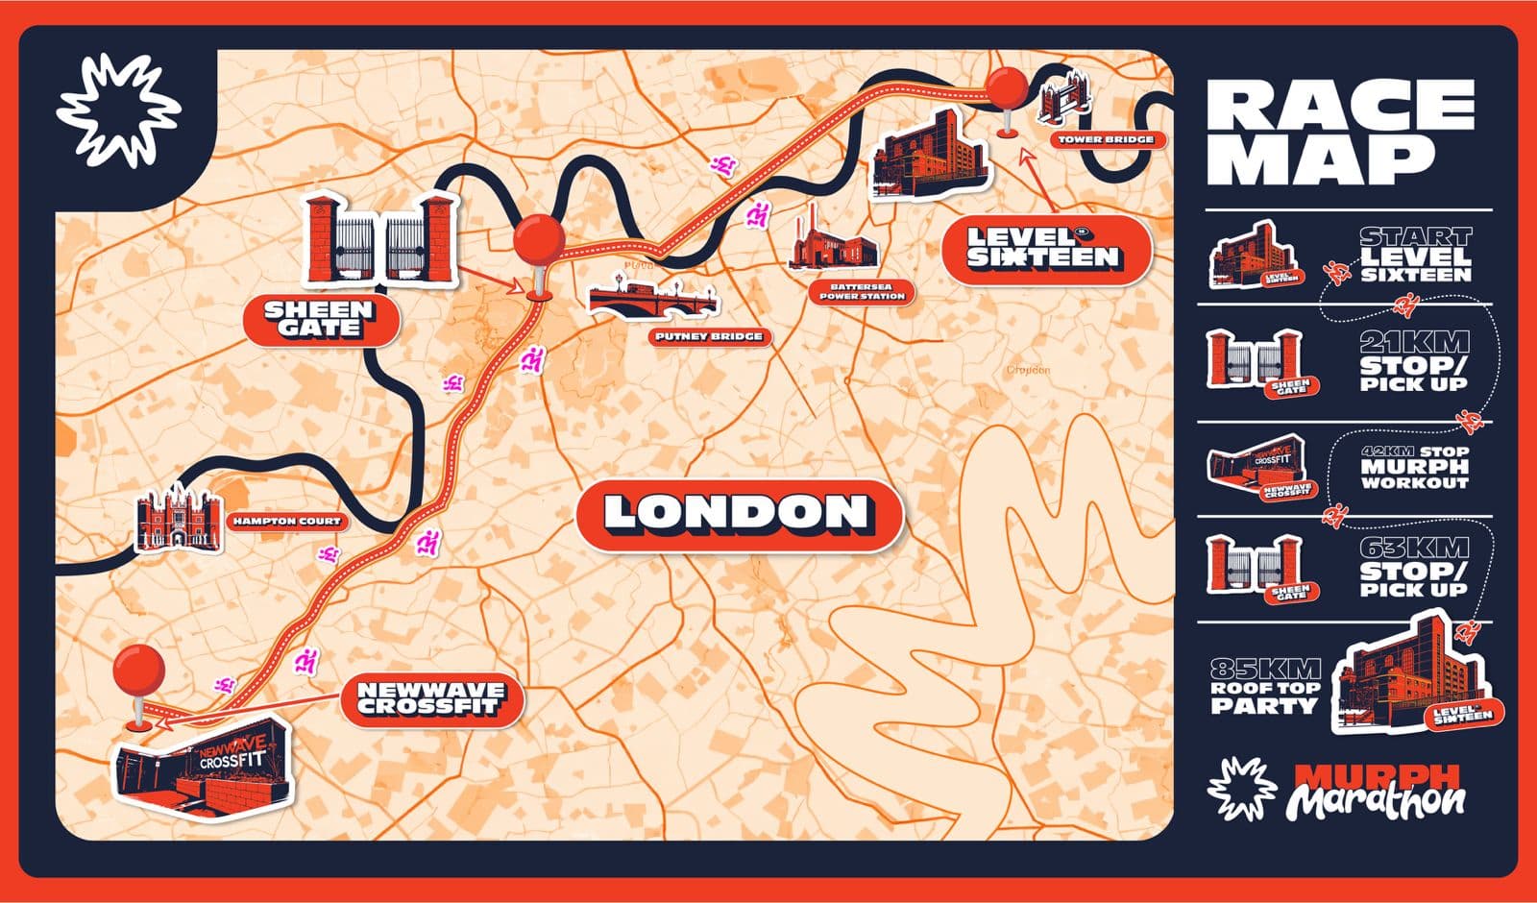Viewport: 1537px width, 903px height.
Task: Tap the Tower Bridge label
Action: point(1106,140)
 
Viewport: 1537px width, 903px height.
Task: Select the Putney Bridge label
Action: point(709,337)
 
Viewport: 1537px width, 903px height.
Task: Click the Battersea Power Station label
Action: point(862,291)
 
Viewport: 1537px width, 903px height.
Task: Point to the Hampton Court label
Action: point(285,523)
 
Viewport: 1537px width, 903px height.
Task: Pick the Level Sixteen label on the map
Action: point(1043,248)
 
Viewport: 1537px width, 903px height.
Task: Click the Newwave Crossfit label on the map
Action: point(430,697)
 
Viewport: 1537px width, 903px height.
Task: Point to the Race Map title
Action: point(1339,133)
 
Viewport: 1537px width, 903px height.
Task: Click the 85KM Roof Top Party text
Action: point(1264,687)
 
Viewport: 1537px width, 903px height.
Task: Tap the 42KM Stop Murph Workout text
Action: point(1414,468)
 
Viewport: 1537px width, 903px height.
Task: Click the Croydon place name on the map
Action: point(1027,370)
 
